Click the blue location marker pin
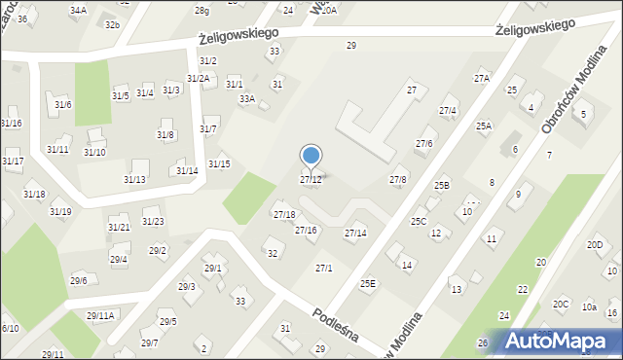pos(311,157)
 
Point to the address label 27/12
pos(311,180)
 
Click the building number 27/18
pos(284,214)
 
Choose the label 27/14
pos(355,234)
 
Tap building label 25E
pos(367,283)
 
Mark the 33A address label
pos(247,98)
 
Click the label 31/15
pos(219,163)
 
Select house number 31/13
pos(134,179)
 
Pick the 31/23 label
pos(153,221)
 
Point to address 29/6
pos(78,280)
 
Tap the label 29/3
pos(186,286)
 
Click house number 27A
pos(482,78)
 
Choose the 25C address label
pos(418,222)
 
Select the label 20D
pos(595,244)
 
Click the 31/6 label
pos(62,104)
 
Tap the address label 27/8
pos(398,180)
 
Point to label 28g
pos(202,10)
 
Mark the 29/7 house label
pos(149,342)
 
